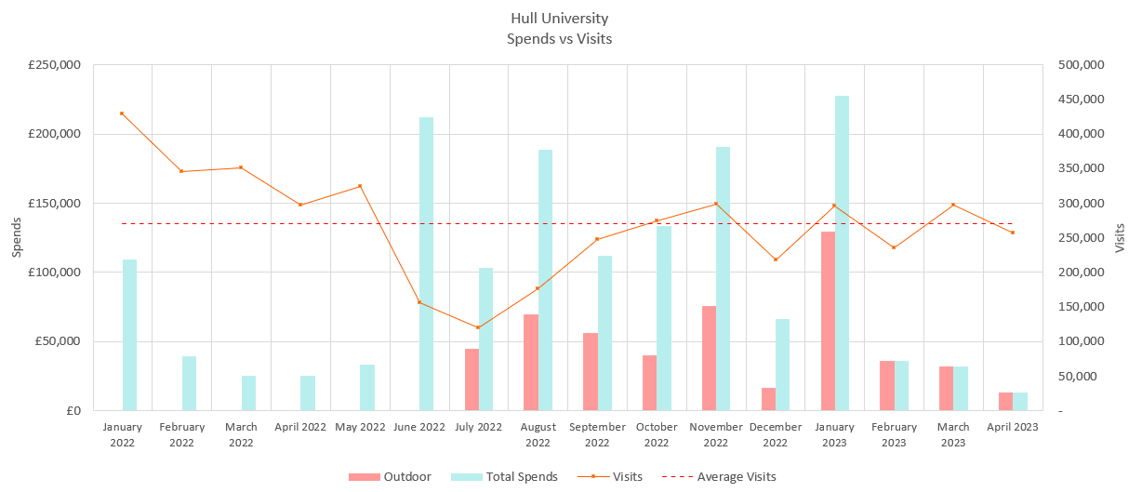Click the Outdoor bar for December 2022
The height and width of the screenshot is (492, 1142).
[768, 399]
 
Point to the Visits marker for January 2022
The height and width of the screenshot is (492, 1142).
[122, 113]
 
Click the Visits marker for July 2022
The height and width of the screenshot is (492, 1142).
[478, 327]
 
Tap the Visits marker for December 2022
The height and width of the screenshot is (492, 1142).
[775, 259]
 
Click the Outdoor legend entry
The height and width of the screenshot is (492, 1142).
[391, 477]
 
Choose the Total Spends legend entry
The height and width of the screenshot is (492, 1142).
[504, 477]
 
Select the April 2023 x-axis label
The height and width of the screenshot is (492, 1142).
[1012, 428]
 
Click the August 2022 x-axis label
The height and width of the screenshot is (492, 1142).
[538, 434]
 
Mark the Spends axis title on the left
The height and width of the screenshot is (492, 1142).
[16, 238]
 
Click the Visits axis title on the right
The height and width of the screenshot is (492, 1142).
[1120, 238]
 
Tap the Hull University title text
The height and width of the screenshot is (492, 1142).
[559, 19]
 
